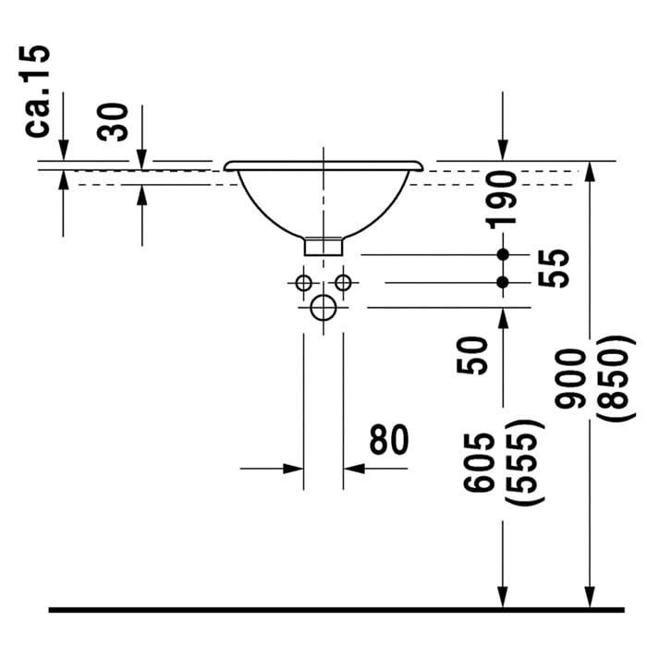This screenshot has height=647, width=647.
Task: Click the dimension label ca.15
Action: (x=37, y=91)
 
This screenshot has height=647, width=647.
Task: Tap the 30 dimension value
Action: (x=112, y=122)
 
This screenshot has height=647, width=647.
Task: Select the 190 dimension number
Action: (x=501, y=201)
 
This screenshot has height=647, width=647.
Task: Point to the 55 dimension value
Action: (x=554, y=268)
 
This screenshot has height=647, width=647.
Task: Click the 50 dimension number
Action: (x=472, y=355)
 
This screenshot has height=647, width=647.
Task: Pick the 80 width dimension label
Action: (x=389, y=440)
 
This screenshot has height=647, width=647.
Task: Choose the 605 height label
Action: (x=479, y=462)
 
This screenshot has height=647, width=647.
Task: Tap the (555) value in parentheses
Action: (x=522, y=462)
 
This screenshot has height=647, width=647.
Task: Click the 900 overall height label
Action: (x=570, y=379)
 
